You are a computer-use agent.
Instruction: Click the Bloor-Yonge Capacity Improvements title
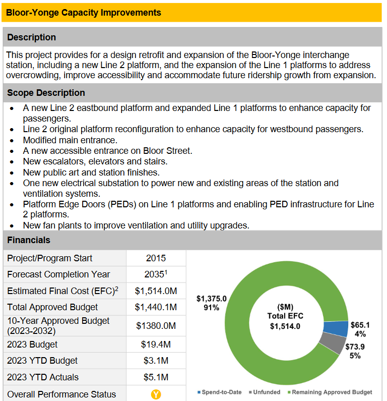[84, 13]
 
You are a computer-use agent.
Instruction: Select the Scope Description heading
[46, 93]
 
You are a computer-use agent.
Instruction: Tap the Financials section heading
[29, 240]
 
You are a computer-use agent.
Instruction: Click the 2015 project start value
[156, 258]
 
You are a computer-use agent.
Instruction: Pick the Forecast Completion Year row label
[58, 274]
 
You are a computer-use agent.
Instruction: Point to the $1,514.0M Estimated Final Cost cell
[156, 291]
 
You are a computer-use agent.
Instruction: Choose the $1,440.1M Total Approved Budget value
[156, 307]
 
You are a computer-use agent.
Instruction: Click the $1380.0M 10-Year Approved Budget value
[156, 326]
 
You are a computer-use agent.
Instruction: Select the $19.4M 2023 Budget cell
[156, 345]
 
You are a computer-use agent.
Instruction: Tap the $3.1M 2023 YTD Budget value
[156, 361]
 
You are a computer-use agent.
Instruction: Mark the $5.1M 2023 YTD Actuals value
[156, 377]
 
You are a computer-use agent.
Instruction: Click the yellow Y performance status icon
[156, 394]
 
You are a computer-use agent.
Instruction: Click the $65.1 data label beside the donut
[360, 329]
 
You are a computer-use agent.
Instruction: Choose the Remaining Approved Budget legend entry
[331, 392]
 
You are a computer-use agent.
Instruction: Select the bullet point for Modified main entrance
[12, 140]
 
